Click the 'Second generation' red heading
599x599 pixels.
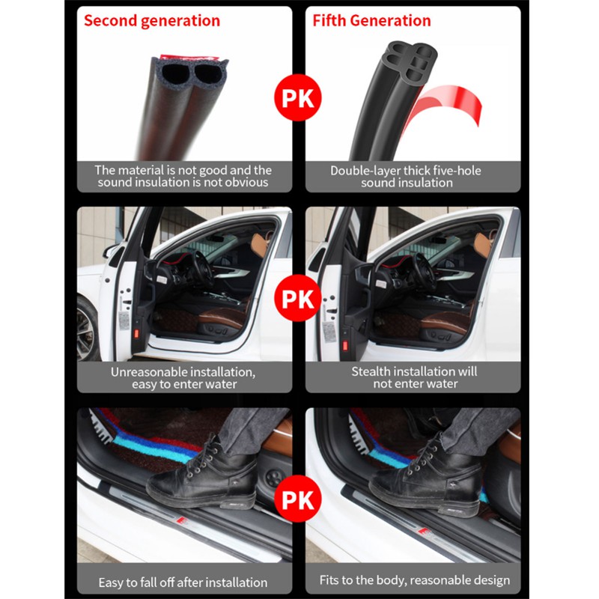152,21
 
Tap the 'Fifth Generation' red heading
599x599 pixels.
371,21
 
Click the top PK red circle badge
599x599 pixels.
298,98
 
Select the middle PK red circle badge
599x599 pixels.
298,298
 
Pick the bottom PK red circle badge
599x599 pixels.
298,499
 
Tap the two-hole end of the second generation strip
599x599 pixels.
190,73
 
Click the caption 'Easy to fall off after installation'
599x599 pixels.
183,583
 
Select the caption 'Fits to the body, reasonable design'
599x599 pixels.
415,580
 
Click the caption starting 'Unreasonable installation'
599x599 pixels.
183,378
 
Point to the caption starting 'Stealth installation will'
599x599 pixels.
415,377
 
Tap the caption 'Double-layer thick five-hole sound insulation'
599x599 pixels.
406,177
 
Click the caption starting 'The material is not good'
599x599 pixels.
183,176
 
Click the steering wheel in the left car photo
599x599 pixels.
201,270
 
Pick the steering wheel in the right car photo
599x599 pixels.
424,270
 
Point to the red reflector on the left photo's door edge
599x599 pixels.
136,333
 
